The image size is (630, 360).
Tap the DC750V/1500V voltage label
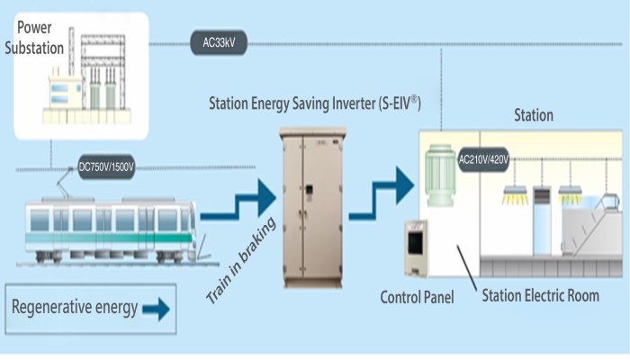point(106,166)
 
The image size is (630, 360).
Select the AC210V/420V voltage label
point(483,160)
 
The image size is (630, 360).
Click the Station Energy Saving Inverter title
point(315,103)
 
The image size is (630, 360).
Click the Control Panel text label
point(418,296)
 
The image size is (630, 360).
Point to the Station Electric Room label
point(540,296)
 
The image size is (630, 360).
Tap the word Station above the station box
point(533,115)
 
